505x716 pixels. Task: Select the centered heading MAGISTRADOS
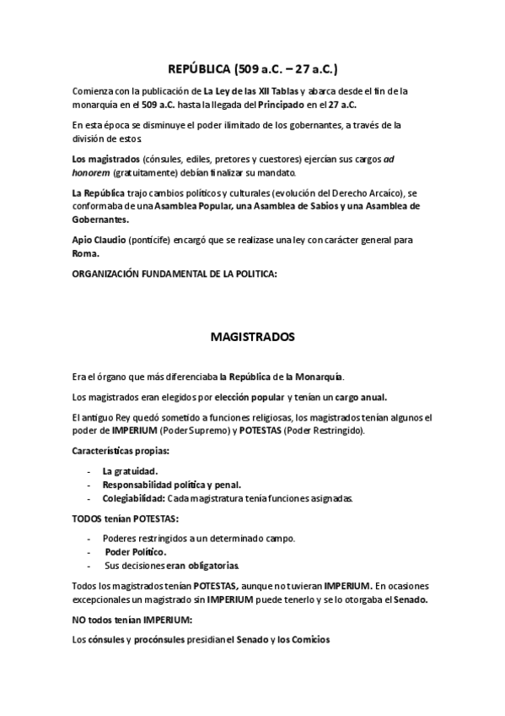252,337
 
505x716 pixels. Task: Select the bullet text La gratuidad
130,471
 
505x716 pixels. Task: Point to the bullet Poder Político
135,551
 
